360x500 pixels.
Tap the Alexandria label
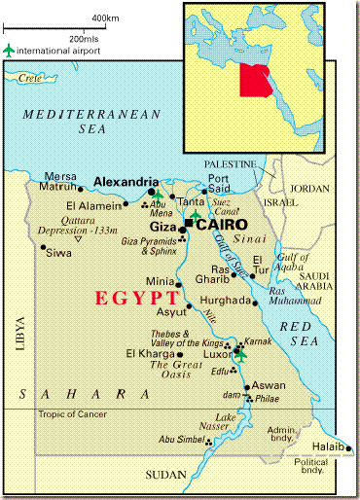point(126,182)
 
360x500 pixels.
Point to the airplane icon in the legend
point(10,49)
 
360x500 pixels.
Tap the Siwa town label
point(59,253)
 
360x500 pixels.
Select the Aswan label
point(269,385)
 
